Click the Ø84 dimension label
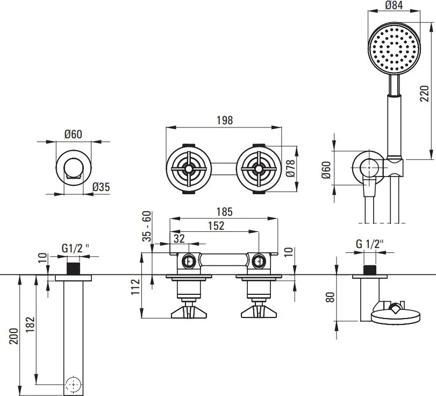tap(395, 6)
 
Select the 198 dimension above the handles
tap(225, 121)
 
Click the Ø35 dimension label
tap(101, 187)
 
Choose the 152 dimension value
tap(216, 226)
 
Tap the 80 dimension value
tap(331, 296)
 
